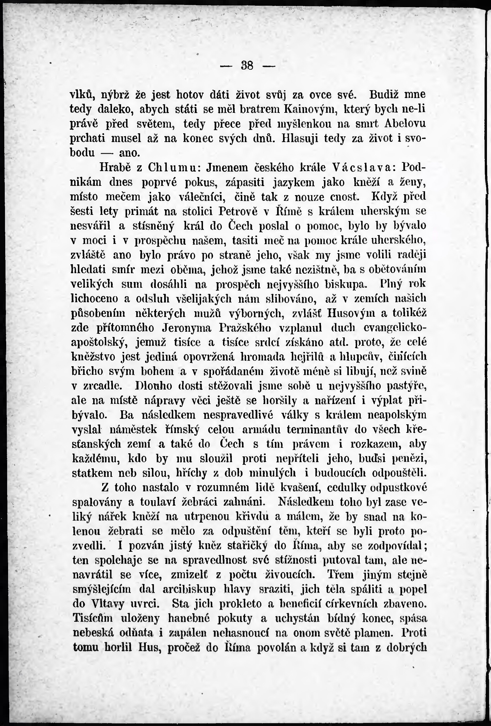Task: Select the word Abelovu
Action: (x=405, y=124)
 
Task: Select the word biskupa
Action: (x=347, y=285)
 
